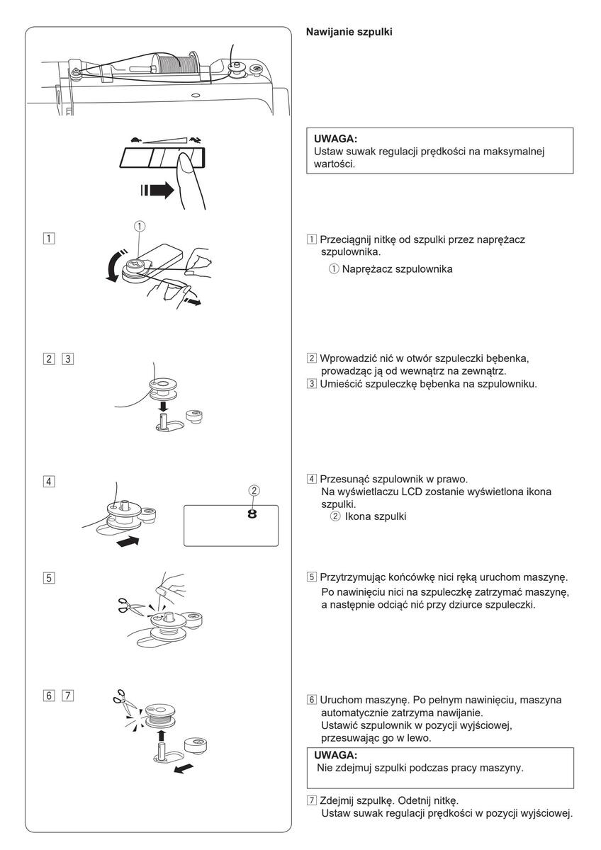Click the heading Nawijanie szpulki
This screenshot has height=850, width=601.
349,33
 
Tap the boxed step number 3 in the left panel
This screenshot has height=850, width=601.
67,358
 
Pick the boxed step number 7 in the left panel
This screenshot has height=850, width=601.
67,695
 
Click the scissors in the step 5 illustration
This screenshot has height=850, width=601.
128,604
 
